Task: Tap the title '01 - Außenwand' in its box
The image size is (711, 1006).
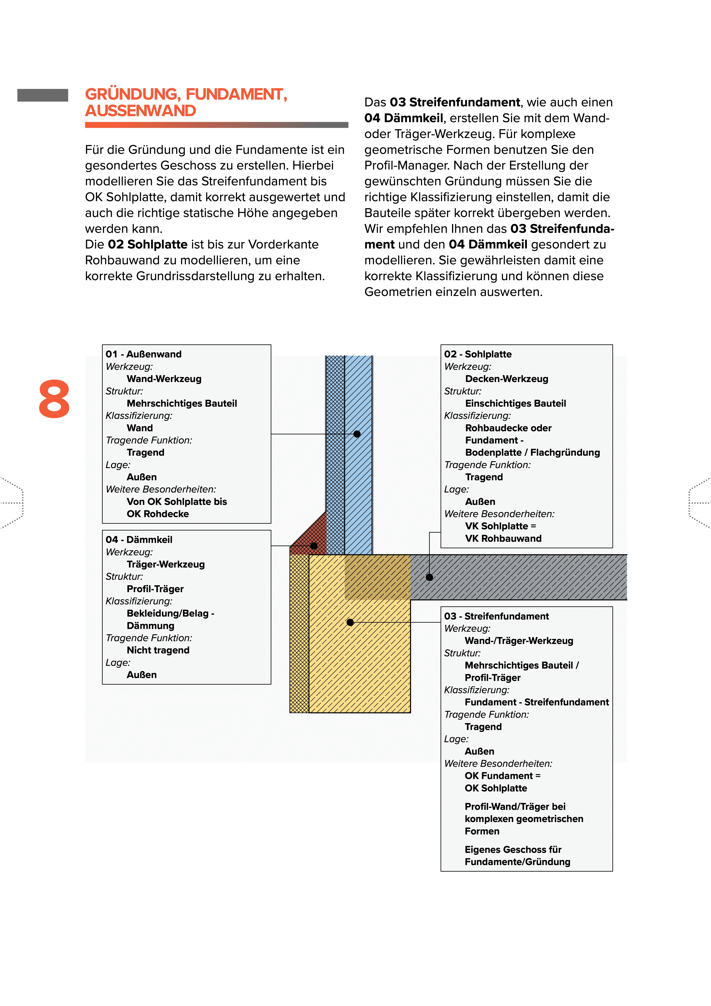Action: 143,354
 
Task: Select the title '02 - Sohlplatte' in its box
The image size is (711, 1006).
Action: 478,354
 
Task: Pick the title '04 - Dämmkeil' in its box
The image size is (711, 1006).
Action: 139,540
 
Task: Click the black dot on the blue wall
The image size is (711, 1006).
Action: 357,434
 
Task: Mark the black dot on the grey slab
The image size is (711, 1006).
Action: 429,577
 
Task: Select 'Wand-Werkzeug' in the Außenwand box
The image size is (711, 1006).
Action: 164,379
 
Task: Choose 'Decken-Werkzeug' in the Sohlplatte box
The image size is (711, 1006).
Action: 506,379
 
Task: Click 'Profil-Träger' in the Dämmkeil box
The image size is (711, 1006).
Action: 155,589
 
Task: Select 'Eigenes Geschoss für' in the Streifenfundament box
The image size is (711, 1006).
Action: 512,850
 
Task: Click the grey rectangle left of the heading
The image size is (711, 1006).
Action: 42,95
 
